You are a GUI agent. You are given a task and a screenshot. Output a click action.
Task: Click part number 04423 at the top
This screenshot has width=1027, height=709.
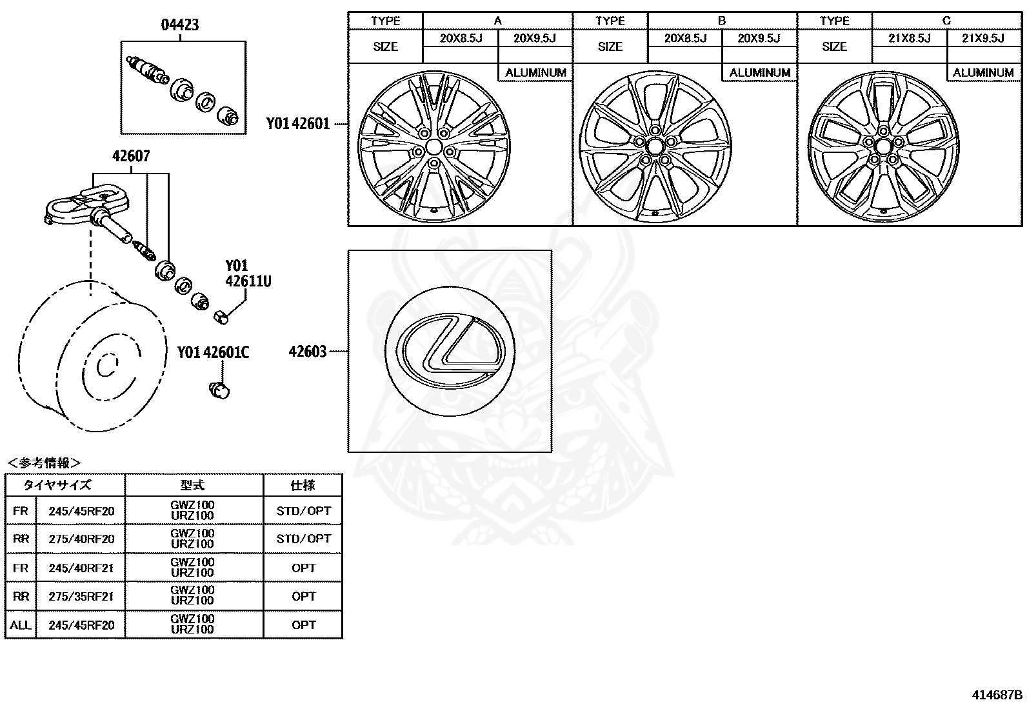pyautogui.click(x=179, y=25)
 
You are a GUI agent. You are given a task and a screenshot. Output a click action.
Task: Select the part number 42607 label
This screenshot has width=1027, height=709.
pyautogui.click(x=131, y=156)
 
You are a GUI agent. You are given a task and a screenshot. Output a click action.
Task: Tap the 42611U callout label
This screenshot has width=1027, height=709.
pyautogui.click(x=248, y=281)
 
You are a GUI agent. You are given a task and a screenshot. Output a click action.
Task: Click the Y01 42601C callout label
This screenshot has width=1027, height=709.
pyautogui.click(x=214, y=352)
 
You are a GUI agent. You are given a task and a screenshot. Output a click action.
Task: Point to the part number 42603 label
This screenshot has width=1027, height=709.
pyautogui.click(x=308, y=352)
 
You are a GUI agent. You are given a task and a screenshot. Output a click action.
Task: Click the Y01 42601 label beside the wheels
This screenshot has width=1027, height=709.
pyautogui.click(x=298, y=124)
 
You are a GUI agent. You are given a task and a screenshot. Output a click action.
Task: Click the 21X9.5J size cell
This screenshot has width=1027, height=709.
pyautogui.click(x=982, y=39)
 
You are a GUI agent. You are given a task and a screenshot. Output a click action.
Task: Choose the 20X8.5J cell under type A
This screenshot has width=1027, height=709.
pyautogui.click(x=461, y=39)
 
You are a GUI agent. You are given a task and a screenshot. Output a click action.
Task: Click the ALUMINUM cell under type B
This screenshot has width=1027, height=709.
pyautogui.click(x=759, y=73)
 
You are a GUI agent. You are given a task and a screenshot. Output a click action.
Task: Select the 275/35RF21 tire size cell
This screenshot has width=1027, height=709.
pyautogui.click(x=81, y=596)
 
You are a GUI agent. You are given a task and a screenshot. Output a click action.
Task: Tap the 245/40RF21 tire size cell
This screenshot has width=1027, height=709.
pyautogui.click(x=81, y=568)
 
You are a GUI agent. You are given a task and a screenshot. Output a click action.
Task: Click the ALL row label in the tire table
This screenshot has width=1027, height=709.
pyautogui.click(x=21, y=624)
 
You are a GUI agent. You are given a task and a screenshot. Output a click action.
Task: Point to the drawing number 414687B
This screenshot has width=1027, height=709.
pyautogui.click(x=997, y=695)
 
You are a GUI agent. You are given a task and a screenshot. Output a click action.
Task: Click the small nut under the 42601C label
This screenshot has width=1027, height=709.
pyautogui.click(x=220, y=390)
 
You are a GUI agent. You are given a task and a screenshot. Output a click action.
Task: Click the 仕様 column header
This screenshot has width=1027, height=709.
pyautogui.click(x=303, y=485)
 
